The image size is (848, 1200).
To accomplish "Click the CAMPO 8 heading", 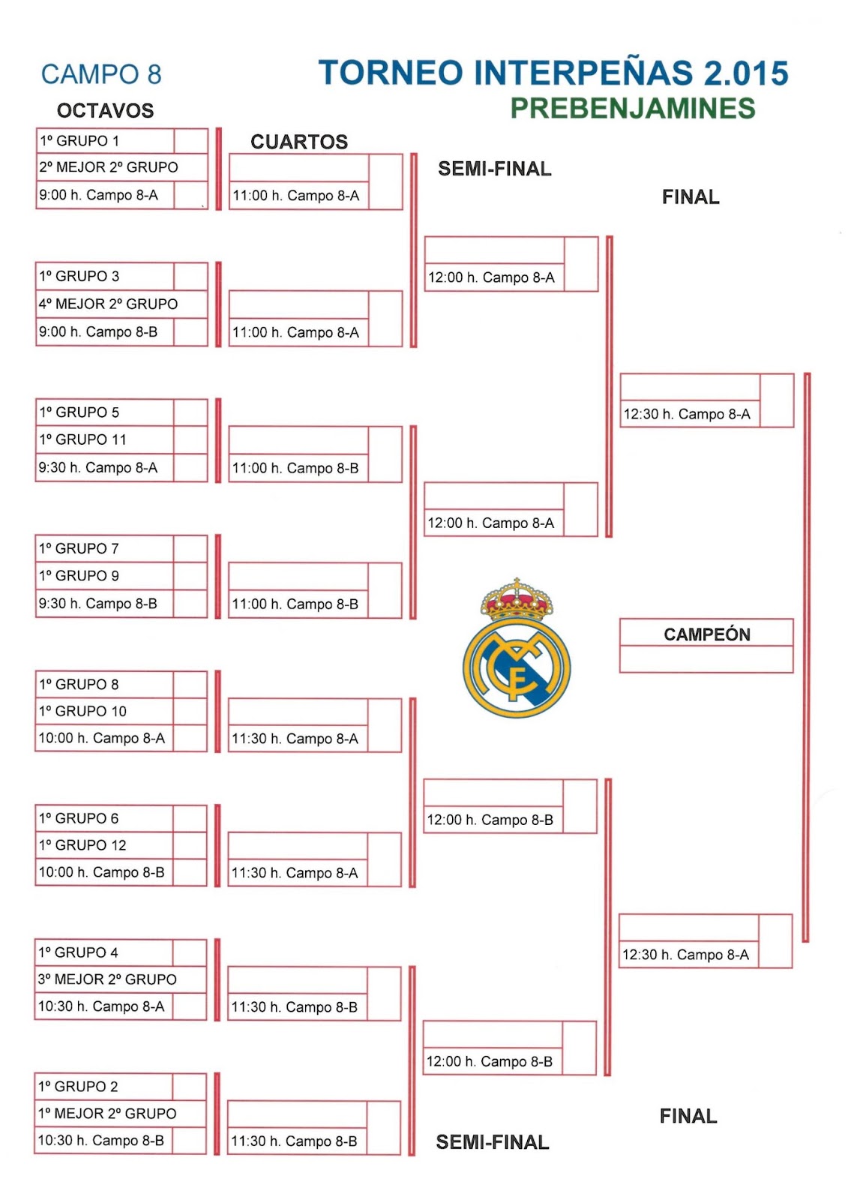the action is coord(101,74).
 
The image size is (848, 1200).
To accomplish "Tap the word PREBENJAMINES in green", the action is coord(633,109).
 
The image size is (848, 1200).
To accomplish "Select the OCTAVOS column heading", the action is coord(105,111).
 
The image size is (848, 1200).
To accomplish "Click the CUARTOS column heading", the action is coord(298,142).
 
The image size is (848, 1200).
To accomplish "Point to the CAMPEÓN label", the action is coord(706,634).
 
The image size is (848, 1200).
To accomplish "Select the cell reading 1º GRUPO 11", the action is coord(83,439).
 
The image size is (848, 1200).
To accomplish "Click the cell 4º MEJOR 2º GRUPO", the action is coord(109,304).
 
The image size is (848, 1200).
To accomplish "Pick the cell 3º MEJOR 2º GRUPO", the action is coord(108,979).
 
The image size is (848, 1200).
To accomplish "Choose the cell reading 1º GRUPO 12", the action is coord(83,845).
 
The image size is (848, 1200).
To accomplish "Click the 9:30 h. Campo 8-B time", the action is coord(98,604).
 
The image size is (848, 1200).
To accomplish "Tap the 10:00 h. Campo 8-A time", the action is coord(102,738).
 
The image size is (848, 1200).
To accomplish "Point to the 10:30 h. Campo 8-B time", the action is coord(101,1141).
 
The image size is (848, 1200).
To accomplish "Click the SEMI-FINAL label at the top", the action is coord(494,169).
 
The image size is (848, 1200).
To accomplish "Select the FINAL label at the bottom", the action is coord(688,1117).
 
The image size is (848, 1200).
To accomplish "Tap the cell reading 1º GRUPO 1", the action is coord(79,141).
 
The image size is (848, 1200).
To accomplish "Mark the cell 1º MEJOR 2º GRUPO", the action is coord(108,1114).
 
